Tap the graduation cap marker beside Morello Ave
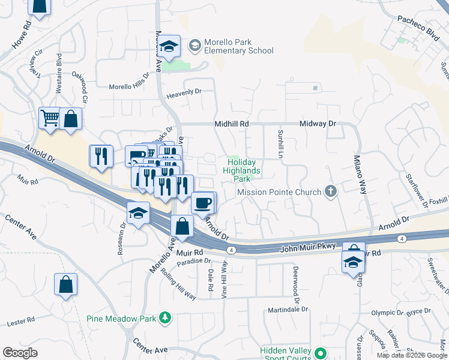click(170, 47)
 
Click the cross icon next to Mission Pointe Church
click(330, 192)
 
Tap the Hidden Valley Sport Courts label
click(286, 354)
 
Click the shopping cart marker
click(49, 118)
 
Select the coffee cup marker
click(203, 203)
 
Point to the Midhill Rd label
click(232, 124)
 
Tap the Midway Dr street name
click(318, 124)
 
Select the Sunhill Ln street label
click(280, 143)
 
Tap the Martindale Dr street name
click(288, 310)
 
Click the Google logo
click(20, 353)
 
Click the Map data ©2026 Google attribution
click(412, 355)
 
